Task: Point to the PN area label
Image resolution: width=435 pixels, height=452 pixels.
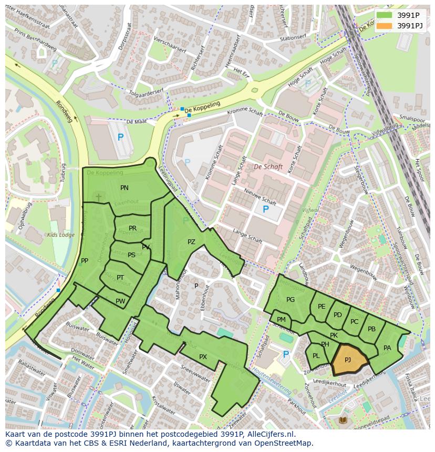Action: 125,188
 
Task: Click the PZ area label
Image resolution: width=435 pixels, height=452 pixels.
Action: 191,242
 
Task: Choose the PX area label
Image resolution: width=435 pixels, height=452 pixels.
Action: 203,357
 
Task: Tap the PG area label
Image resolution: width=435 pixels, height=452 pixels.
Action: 291,300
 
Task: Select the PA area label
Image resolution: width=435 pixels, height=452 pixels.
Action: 387,348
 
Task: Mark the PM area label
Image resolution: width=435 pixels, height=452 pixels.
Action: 281,320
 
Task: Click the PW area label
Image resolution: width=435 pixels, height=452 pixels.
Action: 120,301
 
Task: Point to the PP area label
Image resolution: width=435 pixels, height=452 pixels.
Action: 85,261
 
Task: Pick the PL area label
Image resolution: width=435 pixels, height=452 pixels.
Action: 316,356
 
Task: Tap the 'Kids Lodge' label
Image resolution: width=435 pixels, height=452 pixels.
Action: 61,235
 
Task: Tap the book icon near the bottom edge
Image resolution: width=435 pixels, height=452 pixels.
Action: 343,420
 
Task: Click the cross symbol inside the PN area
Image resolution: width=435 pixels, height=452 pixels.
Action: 98,197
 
